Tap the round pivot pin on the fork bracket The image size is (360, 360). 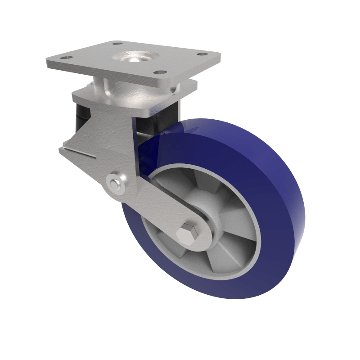(116, 183)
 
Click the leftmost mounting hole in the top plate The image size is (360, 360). (65, 58)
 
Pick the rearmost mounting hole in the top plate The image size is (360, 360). (117, 44)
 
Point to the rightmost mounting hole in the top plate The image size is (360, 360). (203, 55)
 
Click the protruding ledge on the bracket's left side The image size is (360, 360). (76, 151)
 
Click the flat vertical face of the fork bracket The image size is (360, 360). (112, 135)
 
